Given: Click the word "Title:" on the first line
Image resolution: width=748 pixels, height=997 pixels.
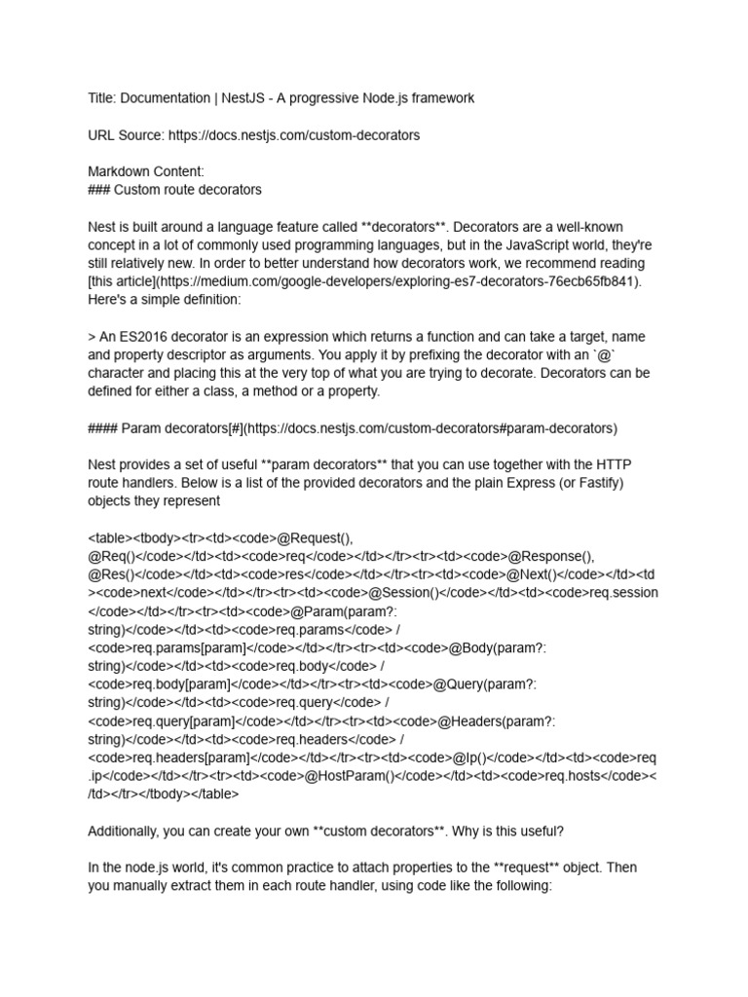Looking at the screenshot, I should point(103,98).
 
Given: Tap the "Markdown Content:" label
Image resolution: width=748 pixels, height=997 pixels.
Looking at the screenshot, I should point(146,171).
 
